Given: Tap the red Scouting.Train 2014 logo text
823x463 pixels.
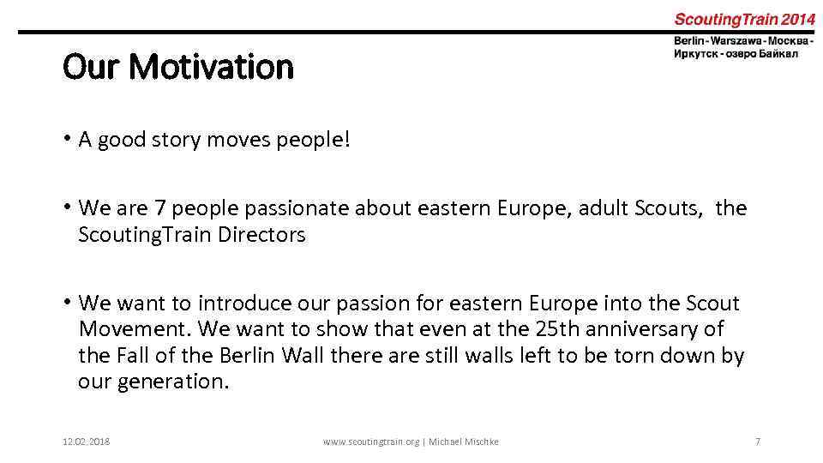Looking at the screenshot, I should [744, 19].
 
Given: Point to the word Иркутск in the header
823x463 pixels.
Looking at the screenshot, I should [697, 53].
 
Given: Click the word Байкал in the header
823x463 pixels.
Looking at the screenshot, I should [778, 53].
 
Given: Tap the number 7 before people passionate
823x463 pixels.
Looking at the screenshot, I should [159, 208].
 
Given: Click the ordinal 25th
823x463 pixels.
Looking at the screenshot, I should [556, 328].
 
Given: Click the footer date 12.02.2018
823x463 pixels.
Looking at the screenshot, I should [87, 442].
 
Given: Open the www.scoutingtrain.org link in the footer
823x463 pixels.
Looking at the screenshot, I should [371, 442].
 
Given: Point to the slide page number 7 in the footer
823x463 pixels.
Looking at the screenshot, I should [757, 442].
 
